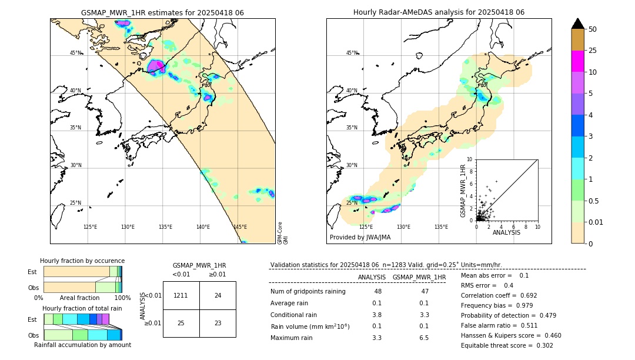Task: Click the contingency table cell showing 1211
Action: [x=181, y=295]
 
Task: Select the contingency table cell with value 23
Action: [x=218, y=323]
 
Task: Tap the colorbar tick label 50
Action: [x=593, y=29]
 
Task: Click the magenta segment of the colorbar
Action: [x=578, y=61]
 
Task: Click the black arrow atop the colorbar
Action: [x=578, y=24]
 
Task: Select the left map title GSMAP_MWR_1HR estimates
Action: [x=162, y=12]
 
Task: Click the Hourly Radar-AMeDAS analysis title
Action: [x=439, y=12]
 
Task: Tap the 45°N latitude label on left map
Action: [x=76, y=53]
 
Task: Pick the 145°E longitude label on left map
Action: [x=240, y=227]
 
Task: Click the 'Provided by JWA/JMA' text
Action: [x=360, y=237]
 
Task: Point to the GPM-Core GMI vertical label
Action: [x=282, y=233]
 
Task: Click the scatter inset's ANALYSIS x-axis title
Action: [x=506, y=232]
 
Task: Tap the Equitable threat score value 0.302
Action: [x=540, y=345]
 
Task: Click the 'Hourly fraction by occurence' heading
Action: [x=82, y=261]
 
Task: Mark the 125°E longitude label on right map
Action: [x=366, y=227]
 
